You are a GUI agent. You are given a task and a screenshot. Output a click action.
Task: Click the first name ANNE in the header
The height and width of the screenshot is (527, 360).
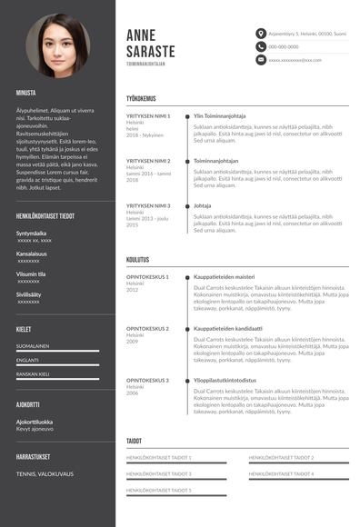coord(144,35)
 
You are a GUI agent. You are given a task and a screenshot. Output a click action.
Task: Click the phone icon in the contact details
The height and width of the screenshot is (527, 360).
coord(261,46)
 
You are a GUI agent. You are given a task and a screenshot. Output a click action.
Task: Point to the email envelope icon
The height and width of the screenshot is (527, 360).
coord(261,59)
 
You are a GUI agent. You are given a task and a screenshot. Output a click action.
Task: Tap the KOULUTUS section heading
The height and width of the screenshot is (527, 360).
coord(137,259)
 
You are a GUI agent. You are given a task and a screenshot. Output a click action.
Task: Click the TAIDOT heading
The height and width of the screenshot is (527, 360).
coord(134,441)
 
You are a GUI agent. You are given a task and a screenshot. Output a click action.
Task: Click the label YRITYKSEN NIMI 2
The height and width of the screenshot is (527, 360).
coord(148,161)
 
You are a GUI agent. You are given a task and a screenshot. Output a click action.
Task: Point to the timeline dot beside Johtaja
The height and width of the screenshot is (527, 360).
coord(186,206)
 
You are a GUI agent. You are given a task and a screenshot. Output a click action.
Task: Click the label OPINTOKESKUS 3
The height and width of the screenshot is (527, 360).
coord(148,380)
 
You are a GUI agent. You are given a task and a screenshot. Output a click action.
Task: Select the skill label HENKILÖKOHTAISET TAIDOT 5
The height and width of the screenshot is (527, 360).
coord(158,490)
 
